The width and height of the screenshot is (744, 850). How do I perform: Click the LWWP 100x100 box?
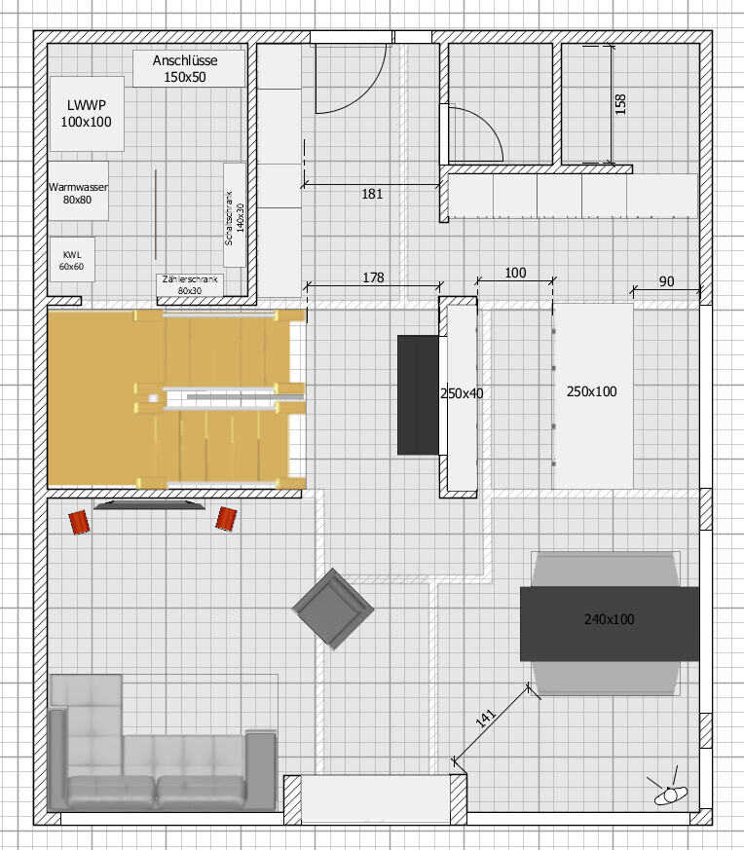click(x=87, y=114)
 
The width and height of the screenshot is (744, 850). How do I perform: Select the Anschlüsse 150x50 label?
click(x=185, y=69)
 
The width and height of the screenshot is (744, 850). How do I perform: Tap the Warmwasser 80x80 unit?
click(x=78, y=191)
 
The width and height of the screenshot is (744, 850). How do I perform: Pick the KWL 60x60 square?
click(x=72, y=259)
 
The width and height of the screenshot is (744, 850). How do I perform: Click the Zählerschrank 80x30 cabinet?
click(x=190, y=285)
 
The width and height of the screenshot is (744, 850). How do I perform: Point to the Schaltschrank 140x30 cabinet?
click(x=235, y=214)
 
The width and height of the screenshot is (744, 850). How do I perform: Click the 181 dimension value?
click(x=372, y=194)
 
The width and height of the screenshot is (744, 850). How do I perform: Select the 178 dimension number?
click(x=373, y=277)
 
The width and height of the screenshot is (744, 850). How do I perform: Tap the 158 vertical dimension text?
click(x=620, y=104)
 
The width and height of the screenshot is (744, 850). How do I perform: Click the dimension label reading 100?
click(x=515, y=273)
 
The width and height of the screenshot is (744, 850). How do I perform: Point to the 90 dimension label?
click(x=666, y=281)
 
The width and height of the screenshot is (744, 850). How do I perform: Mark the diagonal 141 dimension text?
click(x=486, y=718)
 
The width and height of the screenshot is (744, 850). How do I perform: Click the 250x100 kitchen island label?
click(x=592, y=391)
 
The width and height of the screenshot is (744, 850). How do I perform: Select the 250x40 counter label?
click(x=462, y=393)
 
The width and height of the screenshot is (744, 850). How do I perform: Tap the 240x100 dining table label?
click(x=609, y=619)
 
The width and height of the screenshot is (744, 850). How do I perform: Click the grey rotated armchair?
click(x=333, y=609)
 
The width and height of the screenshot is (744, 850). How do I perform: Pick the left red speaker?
click(x=79, y=522)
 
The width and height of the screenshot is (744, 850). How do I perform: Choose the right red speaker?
click(x=226, y=519)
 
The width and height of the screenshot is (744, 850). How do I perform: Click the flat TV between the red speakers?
click(x=150, y=504)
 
